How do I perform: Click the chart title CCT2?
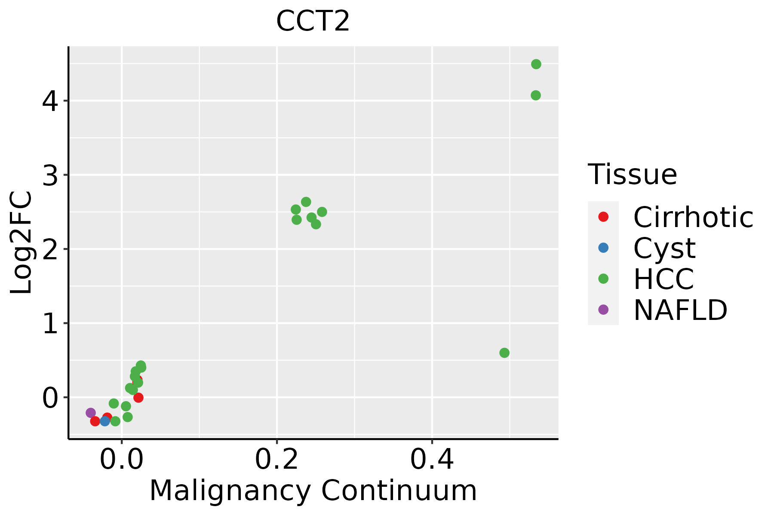point(313,21)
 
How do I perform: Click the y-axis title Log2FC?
point(21,243)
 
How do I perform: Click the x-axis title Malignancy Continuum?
point(313,491)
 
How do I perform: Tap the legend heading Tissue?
point(633,175)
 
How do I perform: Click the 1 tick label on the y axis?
point(51,324)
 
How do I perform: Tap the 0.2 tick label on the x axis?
point(277,460)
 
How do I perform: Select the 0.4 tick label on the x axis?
point(432,460)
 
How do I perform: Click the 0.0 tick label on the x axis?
point(122,460)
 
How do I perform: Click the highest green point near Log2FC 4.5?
point(536,64)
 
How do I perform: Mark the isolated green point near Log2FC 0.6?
point(504,353)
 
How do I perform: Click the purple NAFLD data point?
point(91,413)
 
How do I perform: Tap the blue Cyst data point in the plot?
point(105,421)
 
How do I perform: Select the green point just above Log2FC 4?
point(535,95)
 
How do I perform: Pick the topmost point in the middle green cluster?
point(306,202)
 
